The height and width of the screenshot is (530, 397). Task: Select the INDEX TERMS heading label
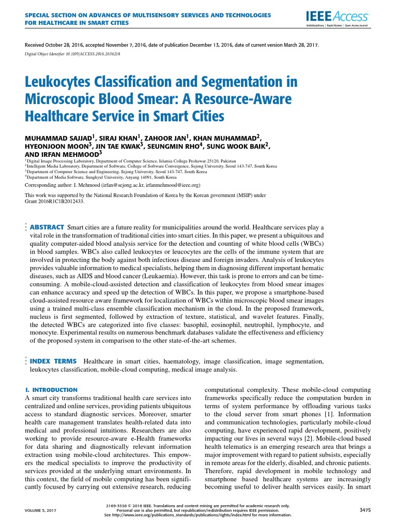54,361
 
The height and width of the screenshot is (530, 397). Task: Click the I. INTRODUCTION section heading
52,389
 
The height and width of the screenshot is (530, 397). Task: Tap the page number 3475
365,510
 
